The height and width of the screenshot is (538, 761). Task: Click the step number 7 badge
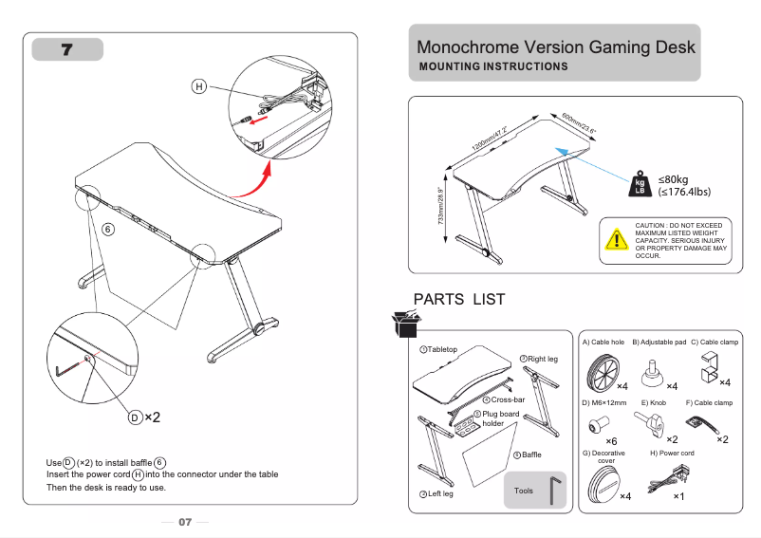pos(67,49)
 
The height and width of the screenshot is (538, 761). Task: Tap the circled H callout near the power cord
pos(199,86)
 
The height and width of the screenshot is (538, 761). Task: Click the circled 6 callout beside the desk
pos(107,229)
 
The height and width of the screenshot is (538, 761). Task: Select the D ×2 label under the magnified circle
pos(145,417)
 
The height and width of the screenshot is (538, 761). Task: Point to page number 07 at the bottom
pos(185,522)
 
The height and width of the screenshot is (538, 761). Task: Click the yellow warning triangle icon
pos(617,240)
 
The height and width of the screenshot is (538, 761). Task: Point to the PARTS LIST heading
pos(459,300)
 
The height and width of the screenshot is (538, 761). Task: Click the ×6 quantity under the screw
pos(611,441)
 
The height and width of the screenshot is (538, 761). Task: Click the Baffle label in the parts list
pos(530,455)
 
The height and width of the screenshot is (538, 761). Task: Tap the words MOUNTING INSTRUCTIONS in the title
pos(493,66)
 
